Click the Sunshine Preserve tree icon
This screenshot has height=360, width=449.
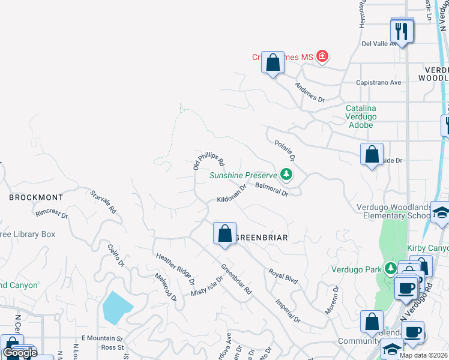click(287, 175)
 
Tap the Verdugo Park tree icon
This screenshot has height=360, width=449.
click(391, 268)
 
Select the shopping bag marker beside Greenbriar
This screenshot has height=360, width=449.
click(224, 234)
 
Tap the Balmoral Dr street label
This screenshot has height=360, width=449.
click(272, 190)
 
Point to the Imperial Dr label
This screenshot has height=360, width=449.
click(288, 310)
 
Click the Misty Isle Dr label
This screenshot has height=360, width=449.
click(207, 286)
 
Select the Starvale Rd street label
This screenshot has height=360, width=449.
click(103, 202)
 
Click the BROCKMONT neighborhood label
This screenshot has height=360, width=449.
click(36, 197)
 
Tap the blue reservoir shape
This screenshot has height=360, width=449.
click(118, 307)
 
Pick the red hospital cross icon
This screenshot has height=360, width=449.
click(323, 56)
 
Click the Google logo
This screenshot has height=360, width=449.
click(20, 353)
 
